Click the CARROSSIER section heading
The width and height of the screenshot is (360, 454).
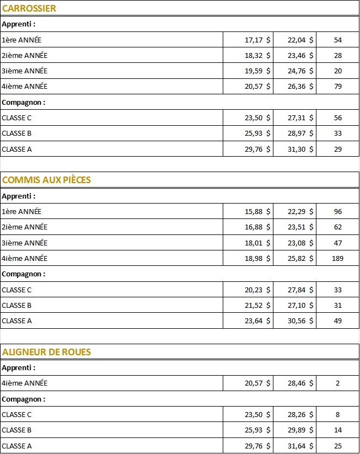coord(29,8)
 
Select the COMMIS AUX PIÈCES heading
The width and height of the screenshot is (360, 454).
coord(47,180)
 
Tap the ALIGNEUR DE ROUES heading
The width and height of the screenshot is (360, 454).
coord(47,352)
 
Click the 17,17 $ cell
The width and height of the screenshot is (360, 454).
coord(257,40)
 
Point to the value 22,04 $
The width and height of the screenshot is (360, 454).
coord(300,40)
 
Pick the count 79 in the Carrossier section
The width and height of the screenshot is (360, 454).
coord(338,86)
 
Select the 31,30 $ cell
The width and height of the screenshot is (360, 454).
coord(300,149)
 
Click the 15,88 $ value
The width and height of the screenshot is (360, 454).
coord(257,211)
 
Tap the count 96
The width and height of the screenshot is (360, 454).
coord(338,211)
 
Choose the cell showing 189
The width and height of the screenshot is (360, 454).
coord(338,258)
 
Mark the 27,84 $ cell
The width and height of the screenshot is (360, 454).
coord(300,290)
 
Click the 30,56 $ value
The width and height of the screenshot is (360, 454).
coord(300,321)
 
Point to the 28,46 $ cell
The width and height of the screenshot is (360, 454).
coord(300,383)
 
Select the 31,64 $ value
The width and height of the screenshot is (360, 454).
coord(300,445)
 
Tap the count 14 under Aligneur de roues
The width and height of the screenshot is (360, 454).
coord(338,430)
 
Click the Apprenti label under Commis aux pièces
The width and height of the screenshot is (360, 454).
coord(19,196)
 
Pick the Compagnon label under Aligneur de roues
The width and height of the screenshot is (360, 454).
coord(24,399)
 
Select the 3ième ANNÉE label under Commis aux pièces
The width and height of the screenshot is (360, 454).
coord(25,243)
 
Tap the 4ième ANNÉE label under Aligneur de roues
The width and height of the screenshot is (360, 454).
coord(25,383)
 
